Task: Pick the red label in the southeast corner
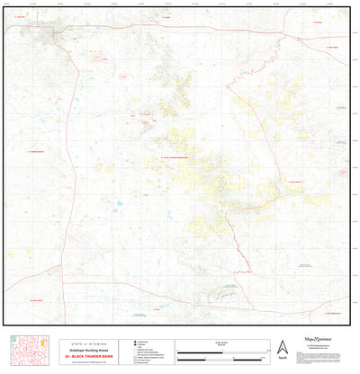pos(332,313)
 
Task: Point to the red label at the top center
pos(166,16)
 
